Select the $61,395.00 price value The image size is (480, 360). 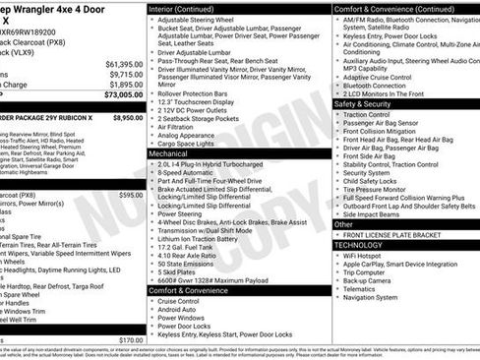click(x=124, y=63)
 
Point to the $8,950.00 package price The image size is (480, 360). click(x=128, y=117)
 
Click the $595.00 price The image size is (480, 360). click(x=131, y=195)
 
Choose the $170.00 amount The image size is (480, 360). click(x=131, y=340)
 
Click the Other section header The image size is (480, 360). click(x=344, y=224)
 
